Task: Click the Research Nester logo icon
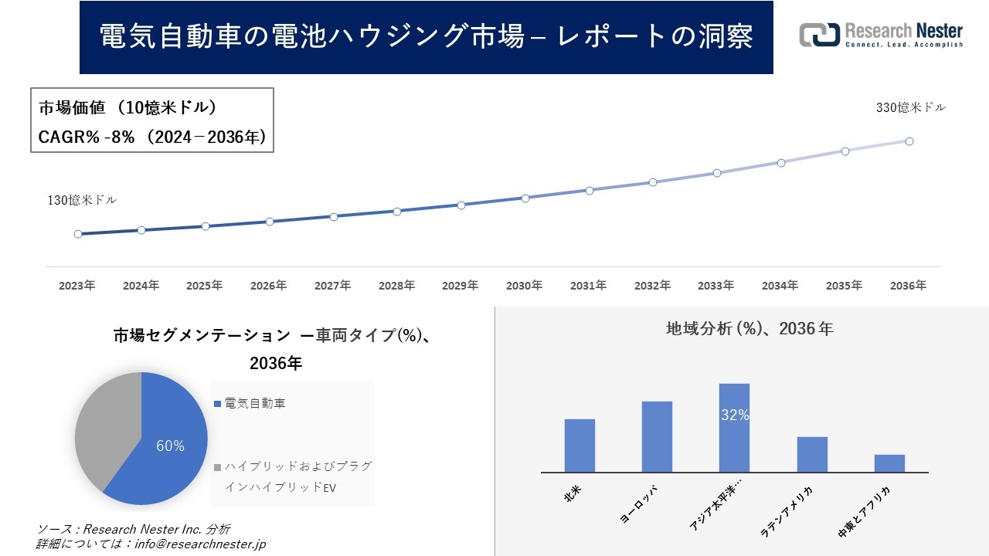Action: coord(819,35)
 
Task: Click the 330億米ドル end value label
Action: coord(910,108)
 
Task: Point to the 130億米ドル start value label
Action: coord(83,201)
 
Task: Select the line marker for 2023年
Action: coord(78,234)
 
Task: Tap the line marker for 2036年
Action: coord(909,141)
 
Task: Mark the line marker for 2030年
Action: coord(525,198)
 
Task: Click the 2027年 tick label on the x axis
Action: coord(333,286)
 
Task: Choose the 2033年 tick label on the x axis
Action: coord(716,286)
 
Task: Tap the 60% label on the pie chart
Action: coord(170,446)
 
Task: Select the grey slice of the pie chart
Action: coord(104,429)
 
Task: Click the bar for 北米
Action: coord(579,446)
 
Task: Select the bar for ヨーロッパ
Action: coord(657,436)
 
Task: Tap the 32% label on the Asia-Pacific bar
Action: coord(734,415)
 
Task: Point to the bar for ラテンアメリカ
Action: coord(812,454)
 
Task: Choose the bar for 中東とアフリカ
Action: coord(889,463)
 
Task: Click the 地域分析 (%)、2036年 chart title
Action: coord(749,329)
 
